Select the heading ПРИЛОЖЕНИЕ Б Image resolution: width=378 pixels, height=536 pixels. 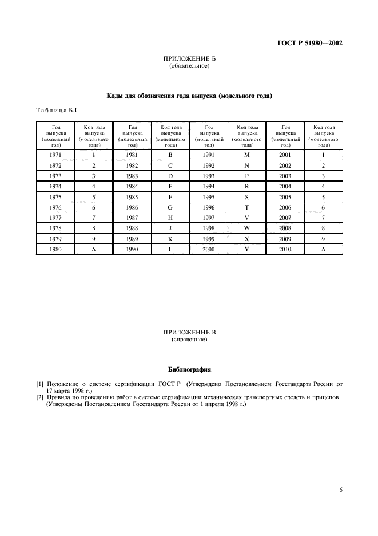point(189,59)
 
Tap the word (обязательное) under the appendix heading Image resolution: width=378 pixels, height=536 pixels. point(189,65)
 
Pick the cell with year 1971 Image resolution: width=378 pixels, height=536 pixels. point(55,155)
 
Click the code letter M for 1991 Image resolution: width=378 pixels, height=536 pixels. point(247,155)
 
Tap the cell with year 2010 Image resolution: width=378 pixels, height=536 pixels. point(285,249)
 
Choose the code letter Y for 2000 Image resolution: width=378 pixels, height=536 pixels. point(247,249)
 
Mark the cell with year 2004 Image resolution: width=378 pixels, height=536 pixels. point(285,186)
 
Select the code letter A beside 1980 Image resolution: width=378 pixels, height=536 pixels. point(93,249)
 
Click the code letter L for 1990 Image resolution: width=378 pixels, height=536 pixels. point(170,249)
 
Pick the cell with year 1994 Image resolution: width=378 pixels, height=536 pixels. point(208,186)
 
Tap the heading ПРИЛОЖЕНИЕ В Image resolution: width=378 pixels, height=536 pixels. point(189,333)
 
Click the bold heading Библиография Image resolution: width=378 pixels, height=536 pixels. point(189,369)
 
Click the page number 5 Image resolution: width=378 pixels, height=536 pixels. point(341,490)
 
